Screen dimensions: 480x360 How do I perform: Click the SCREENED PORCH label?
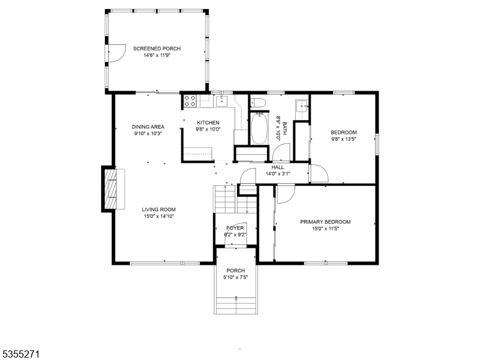(x=157, y=49)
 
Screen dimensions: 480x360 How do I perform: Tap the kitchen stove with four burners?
(x=190, y=101)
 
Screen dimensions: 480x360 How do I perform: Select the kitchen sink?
(x=221, y=101)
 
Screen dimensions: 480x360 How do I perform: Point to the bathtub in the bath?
(x=259, y=128)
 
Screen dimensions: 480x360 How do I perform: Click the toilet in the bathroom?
(x=258, y=102)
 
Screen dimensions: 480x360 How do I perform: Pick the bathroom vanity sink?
(x=302, y=106)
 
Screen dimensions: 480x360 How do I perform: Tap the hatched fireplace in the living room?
(x=110, y=188)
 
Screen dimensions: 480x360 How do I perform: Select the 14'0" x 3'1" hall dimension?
(x=278, y=174)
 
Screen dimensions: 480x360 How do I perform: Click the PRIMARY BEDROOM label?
(x=325, y=222)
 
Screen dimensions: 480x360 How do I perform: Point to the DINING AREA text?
(x=148, y=127)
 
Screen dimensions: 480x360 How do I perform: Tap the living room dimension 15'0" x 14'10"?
(x=158, y=217)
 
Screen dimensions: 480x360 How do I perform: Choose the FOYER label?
(x=235, y=228)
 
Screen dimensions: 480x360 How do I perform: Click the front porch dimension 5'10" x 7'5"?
(x=235, y=277)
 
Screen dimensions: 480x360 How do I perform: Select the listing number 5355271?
(x=20, y=355)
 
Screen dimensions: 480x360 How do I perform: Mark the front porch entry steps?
(x=236, y=305)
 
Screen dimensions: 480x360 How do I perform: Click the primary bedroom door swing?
(x=286, y=194)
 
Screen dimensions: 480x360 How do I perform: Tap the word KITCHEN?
(x=208, y=123)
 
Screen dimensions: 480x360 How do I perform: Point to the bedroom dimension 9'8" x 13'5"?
(x=343, y=139)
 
